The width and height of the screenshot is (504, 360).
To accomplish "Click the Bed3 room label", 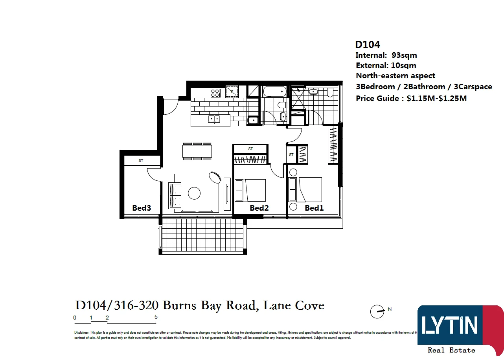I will (142, 208).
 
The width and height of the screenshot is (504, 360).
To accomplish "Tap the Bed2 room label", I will (259, 208).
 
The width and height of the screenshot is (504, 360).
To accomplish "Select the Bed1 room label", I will (314, 208).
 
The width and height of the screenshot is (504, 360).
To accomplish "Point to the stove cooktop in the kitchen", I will (215, 93).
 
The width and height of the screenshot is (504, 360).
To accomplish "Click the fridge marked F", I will (232, 92).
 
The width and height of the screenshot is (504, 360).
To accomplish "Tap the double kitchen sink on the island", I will (214, 118).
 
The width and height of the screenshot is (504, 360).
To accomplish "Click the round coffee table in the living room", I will (194, 193).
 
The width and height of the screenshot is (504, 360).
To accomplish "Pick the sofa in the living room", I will (175, 195).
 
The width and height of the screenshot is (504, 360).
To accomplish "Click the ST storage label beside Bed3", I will (141, 161).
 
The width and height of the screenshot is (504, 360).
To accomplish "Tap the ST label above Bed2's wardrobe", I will (250, 149).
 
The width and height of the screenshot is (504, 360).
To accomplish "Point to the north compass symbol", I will (377, 312).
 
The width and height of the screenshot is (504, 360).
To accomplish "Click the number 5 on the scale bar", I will (156, 317).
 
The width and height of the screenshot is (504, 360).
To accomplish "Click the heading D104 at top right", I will (368, 45).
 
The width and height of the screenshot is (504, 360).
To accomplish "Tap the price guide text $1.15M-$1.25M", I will (436, 98).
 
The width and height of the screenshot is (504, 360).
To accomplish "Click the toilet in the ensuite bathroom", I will (330, 93).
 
